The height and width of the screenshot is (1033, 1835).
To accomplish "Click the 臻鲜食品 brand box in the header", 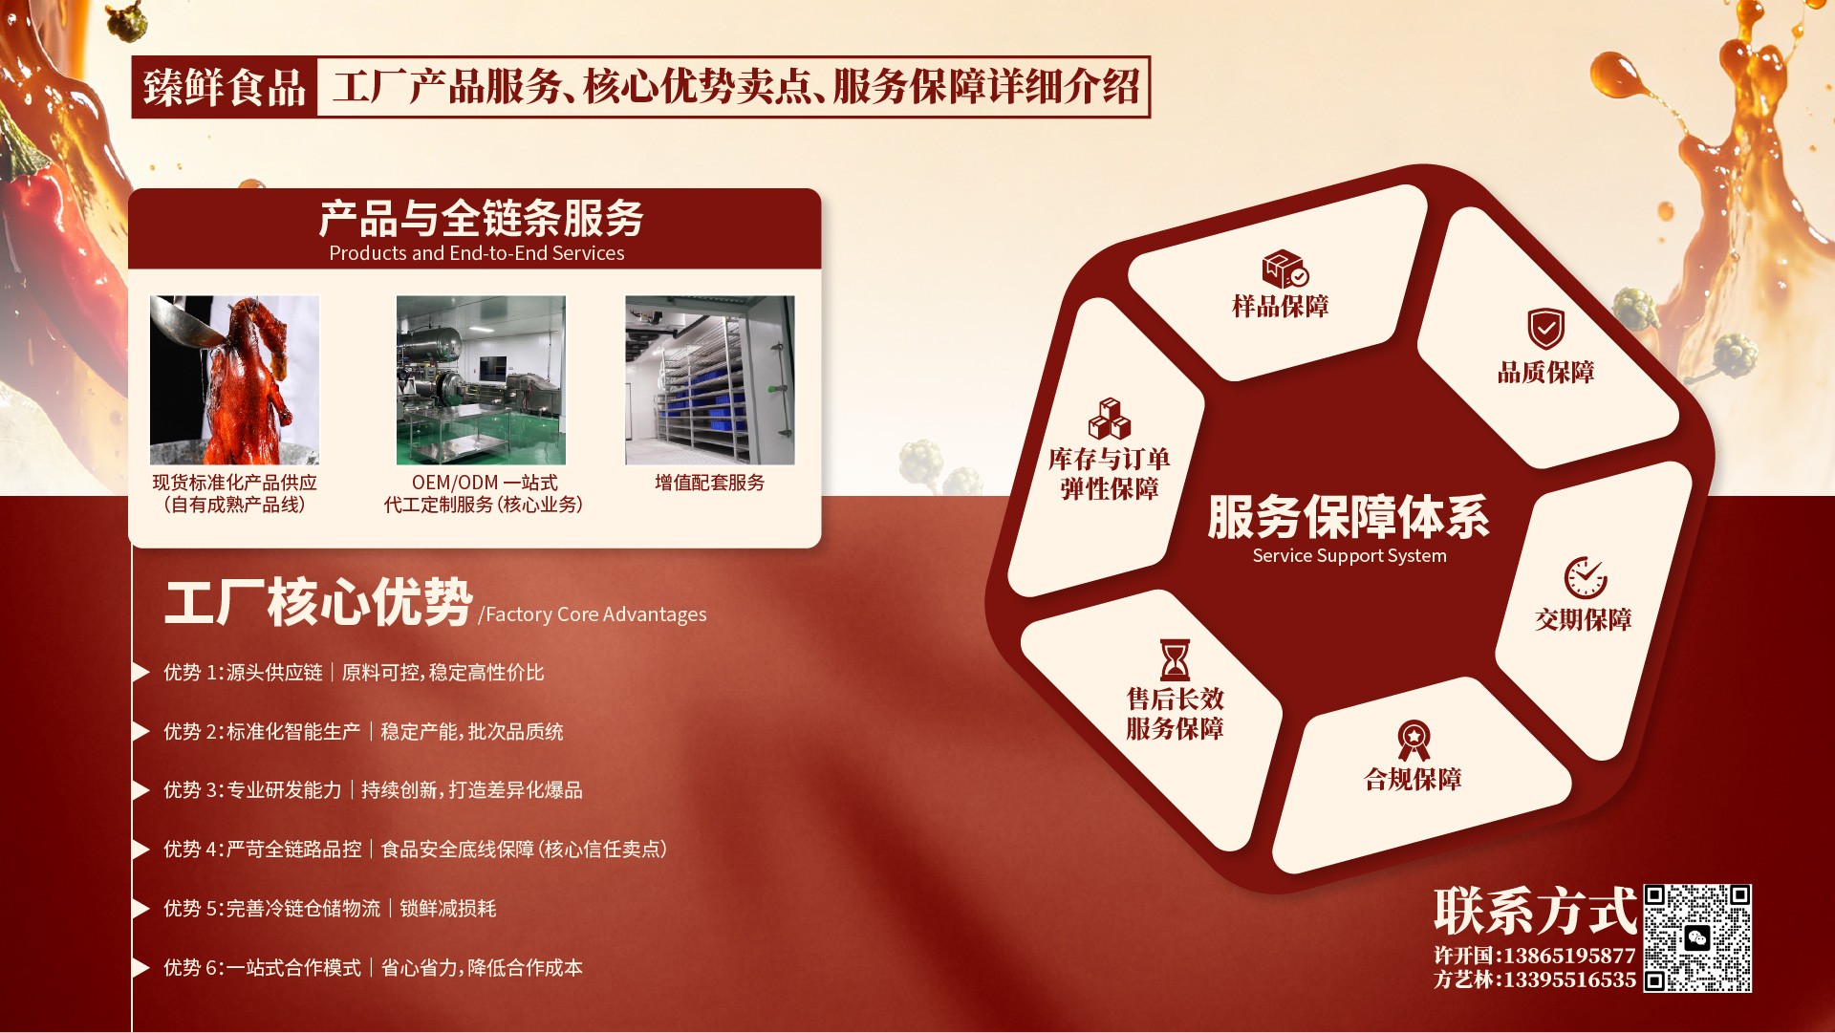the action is (x=225, y=87).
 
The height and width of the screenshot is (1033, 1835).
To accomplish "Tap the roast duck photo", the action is (x=234, y=379).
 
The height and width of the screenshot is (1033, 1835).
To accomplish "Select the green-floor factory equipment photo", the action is (x=481, y=379).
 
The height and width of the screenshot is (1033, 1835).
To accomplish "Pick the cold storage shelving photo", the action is (x=710, y=379).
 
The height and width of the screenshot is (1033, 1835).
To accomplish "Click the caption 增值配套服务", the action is (x=710, y=483).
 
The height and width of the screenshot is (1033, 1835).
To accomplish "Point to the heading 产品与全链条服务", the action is (x=481, y=219).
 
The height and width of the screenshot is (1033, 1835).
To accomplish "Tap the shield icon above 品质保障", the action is (x=1545, y=329).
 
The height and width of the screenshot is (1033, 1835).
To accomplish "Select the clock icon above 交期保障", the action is (x=1586, y=577).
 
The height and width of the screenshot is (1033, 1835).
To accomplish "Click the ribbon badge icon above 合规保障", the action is (x=1414, y=741).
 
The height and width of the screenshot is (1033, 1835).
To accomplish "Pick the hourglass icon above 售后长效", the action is (x=1175, y=660).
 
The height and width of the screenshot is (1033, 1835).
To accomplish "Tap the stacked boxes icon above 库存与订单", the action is (x=1110, y=419).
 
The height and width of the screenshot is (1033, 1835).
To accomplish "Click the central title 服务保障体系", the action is (x=1349, y=517).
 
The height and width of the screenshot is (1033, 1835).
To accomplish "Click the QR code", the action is (x=1697, y=938).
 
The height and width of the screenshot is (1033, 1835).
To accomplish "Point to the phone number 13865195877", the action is (x=1569, y=956).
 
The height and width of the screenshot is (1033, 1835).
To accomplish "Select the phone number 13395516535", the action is (x=1569, y=980).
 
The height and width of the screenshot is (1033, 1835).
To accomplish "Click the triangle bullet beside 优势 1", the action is (x=141, y=672).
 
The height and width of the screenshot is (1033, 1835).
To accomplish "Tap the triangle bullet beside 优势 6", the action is (x=141, y=968).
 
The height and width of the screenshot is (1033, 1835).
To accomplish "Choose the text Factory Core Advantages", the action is (x=596, y=614).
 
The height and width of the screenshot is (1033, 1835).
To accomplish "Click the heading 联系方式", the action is (x=1535, y=911).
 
